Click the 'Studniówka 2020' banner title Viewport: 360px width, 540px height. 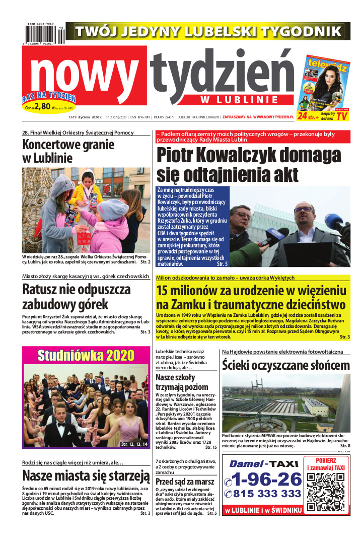click(x=85, y=355)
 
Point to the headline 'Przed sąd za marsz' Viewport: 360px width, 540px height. click(x=186, y=482)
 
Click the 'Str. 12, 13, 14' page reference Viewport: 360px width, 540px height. click(x=134, y=444)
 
